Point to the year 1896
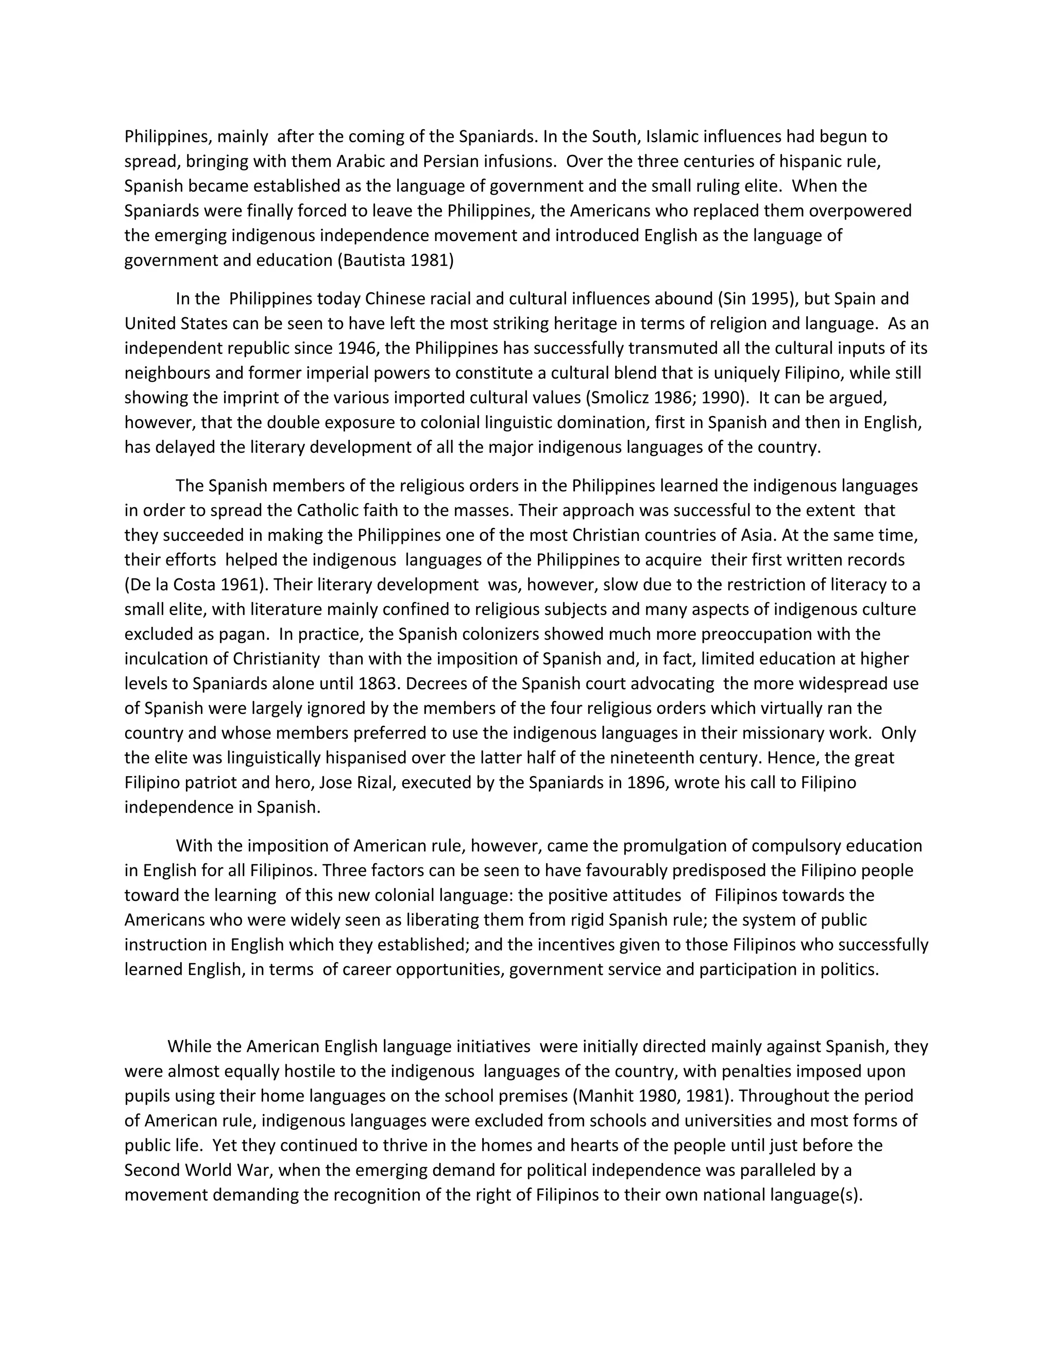tap(645, 782)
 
